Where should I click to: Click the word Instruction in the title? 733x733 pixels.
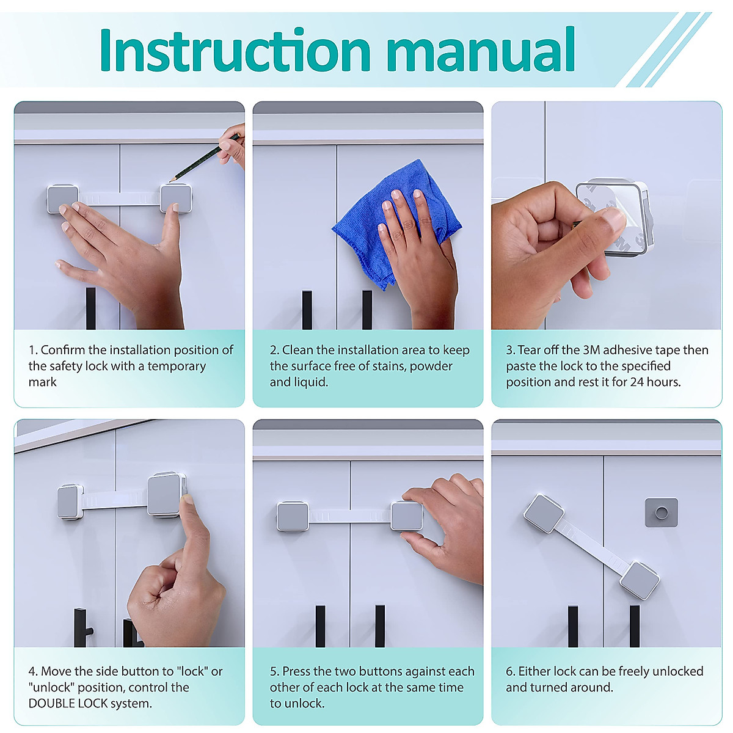tap(235, 50)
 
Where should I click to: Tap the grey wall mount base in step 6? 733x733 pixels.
tap(661, 512)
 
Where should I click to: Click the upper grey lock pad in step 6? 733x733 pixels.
tap(544, 513)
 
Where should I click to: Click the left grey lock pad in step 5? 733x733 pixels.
tap(293, 516)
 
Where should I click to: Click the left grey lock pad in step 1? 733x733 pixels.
tap(63, 199)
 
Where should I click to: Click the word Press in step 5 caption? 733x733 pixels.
tap(296, 671)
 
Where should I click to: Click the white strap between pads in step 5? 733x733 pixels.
tap(349, 517)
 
